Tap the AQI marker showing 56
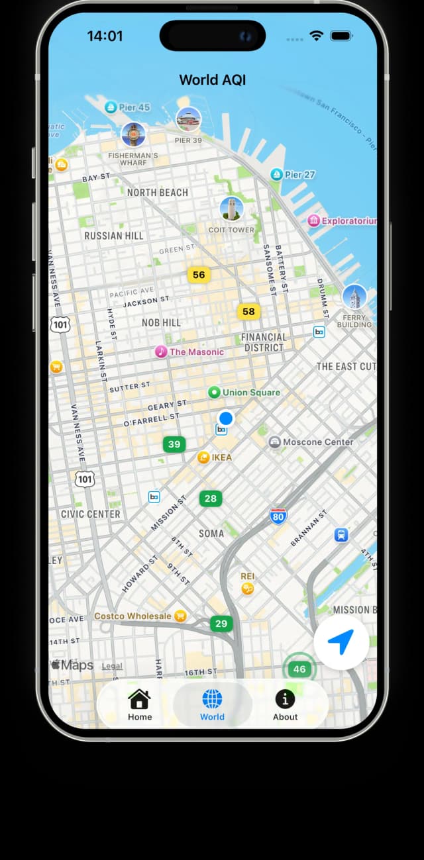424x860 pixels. [x=199, y=275]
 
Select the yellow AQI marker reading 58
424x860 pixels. [x=248, y=311]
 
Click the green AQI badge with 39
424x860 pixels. [x=174, y=444]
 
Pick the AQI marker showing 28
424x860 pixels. [x=211, y=499]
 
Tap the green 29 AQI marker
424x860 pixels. [x=221, y=624]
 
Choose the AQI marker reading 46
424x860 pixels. [x=299, y=669]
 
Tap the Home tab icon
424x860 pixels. [x=140, y=699]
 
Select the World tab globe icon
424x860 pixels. [x=212, y=699]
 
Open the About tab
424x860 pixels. [x=285, y=699]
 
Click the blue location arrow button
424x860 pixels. [x=341, y=642]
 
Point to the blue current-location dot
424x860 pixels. [x=226, y=418]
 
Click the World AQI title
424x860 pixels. [x=212, y=80]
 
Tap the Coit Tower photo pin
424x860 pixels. [x=231, y=209]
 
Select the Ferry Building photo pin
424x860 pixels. [x=354, y=297]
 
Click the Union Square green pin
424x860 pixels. [x=214, y=393]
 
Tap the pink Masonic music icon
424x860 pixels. [x=161, y=352]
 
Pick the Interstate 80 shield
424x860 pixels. [x=278, y=516]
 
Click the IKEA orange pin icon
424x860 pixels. [x=203, y=457]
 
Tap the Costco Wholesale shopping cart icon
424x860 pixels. [x=180, y=616]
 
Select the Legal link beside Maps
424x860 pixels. [x=112, y=666]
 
